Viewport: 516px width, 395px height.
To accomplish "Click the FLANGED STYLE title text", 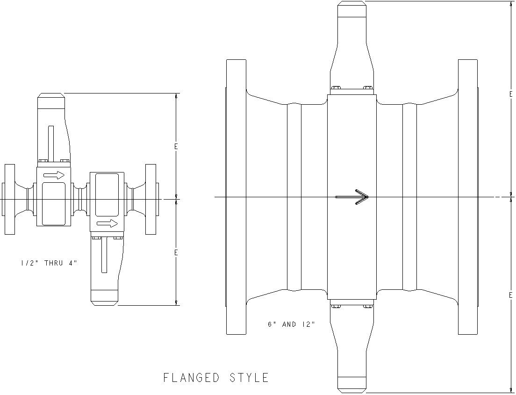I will (x=216, y=378).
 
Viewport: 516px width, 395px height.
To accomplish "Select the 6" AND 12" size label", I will (x=291, y=324).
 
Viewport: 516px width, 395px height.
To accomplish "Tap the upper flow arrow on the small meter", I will (x=54, y=175).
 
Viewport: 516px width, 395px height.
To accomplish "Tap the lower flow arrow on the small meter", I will (x=107, y=223).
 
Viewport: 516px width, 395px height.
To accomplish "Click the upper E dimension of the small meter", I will (x=176, y=146).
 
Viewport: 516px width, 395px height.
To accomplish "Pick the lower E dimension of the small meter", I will (x=176, y=252).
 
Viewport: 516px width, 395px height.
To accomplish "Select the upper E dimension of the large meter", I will (x=511, y=94).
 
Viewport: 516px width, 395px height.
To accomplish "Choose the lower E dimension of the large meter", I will (x=511, y=295).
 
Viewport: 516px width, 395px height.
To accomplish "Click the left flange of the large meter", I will (x=236, y=197).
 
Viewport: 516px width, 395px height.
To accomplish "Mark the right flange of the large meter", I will (x=468, y=197).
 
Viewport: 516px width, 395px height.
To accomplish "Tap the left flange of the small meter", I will (x=10, y=199).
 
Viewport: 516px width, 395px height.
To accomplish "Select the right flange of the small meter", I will (x=151, y=199).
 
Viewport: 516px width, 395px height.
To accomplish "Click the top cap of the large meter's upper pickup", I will (x=351, y=9).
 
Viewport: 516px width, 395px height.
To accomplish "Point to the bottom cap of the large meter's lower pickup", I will (x=351, y=384).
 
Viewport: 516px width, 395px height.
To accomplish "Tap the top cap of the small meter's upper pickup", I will (x=50, y=99).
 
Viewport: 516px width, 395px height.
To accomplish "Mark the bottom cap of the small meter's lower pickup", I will (x=104, y=297).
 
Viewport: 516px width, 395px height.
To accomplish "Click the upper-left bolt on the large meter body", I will (x=335, y=87).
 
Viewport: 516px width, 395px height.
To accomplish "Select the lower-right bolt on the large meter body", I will (x=367, y=307).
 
